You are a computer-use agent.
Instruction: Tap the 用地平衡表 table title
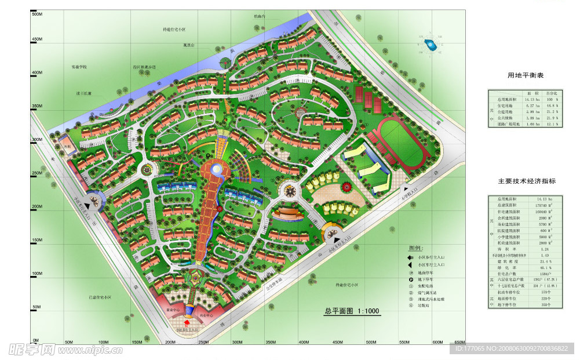pos(526,76)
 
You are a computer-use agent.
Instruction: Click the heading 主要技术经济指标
pos(527,181)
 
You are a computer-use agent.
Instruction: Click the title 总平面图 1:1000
pos(352,312)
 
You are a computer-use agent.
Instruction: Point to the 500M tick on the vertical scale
pos(37,14)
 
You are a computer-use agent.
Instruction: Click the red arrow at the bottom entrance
pos(187,321)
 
